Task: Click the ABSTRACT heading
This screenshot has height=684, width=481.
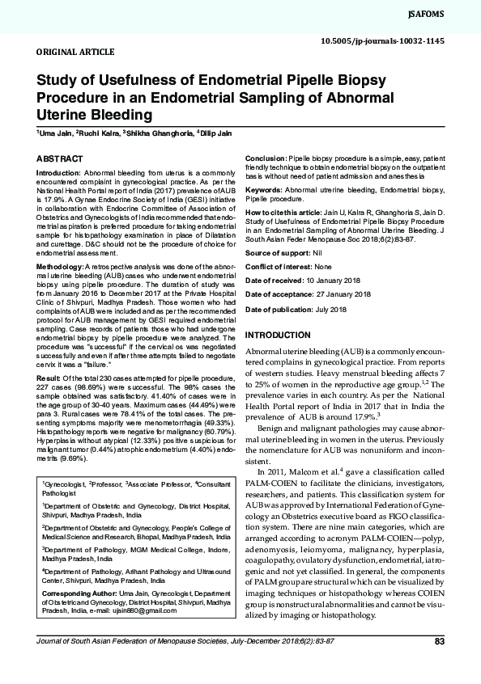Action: (x=59, y=159)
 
